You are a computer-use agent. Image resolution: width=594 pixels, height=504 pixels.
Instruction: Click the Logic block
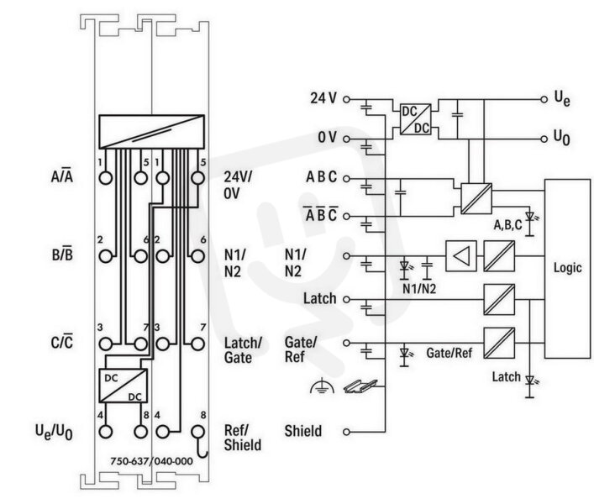[x=567, y=269]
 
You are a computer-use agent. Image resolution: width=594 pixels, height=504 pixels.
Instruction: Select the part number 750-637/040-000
[x=151, y=461]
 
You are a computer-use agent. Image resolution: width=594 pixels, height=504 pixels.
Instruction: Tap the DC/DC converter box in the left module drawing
[x=124, y=386]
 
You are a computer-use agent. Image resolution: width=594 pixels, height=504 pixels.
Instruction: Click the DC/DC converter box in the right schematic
[x=416, y=119]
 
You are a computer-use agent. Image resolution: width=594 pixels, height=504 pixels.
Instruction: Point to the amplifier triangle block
[x=461, y=256]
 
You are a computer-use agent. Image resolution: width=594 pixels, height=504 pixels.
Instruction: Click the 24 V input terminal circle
[x=346, y=99]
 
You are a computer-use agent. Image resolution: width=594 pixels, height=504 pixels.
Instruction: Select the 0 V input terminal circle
[x=346, y=139]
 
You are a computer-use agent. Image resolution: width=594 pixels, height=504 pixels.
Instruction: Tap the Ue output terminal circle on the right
[x=544, y=99]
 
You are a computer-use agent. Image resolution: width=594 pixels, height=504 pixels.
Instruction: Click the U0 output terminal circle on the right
[x=544, y=139]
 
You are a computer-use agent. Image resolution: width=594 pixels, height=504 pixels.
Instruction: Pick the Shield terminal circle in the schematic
[x=346, y=432]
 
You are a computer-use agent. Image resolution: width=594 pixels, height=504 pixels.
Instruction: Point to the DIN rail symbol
[x=360, y=386]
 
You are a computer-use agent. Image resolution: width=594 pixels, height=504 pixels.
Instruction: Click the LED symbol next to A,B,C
[x=530, y=223]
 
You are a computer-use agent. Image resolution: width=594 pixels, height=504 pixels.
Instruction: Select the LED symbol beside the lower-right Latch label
[x=530, y=386]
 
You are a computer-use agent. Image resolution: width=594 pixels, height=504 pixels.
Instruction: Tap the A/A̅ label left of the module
[x=61, y=176]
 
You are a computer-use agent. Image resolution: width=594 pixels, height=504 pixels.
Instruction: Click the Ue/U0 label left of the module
[x=54, y=432]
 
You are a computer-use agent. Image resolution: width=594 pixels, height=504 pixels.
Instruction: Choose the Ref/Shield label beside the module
[x=243, y=438]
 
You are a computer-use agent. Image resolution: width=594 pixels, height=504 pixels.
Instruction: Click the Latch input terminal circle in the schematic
[x=346, y=299]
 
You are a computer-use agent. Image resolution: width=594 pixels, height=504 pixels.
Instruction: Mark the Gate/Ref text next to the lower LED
[x=449, y=353]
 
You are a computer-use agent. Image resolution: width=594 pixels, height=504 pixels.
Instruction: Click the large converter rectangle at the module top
[x=151, y=132]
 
